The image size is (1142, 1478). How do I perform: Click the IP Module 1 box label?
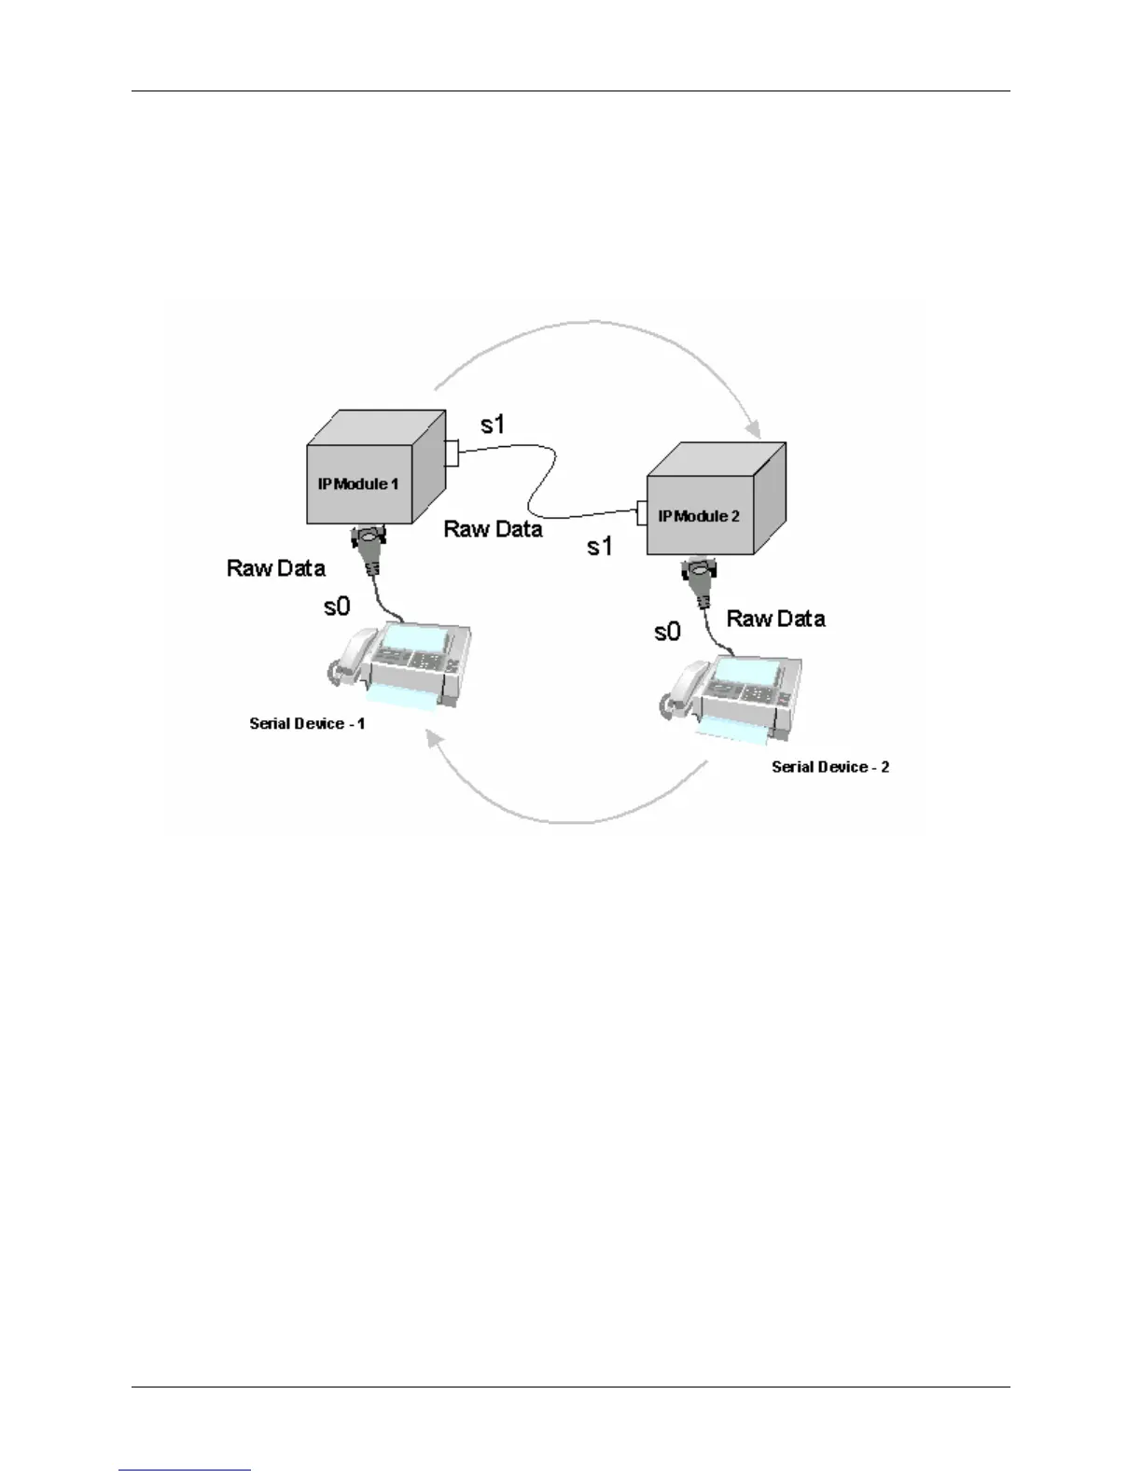pos(358,484)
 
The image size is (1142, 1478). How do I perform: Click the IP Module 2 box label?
pos(699,516)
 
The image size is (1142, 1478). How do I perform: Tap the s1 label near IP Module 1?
pos(493,425)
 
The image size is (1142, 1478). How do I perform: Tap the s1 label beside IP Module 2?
pos(600,547)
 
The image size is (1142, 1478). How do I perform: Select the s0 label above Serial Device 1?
pos(337,607)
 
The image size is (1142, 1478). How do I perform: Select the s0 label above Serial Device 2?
pos(667,633)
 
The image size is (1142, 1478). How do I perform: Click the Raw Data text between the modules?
pos(493,529)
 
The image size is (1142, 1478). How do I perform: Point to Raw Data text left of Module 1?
pos(276,568)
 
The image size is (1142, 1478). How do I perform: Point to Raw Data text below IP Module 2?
pos(775,619)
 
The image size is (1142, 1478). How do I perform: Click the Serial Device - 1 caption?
pos(307,724)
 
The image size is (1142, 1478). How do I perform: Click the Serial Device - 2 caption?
pos(830,767)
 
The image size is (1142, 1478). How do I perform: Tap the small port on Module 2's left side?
pos(642,512)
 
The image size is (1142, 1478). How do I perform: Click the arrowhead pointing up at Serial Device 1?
pos(432,739)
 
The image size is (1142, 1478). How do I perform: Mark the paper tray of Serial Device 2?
pos(732,733)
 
